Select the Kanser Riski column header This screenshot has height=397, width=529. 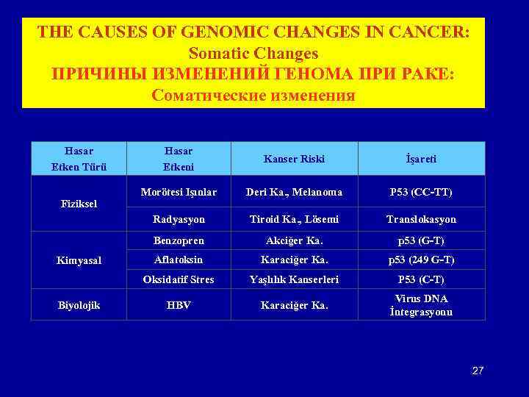pos(295,159)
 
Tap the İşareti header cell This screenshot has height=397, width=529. pos(422,159)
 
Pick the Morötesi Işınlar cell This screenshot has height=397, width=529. pos(179,192)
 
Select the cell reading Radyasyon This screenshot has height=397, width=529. pos(179,219)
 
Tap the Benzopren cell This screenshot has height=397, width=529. pos(179,240)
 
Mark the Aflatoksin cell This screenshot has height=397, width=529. pos(179,260)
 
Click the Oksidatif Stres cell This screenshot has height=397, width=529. pos(179,279)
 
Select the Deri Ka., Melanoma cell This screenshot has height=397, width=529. pos(295,192)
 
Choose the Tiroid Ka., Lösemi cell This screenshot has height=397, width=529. pos(295,219)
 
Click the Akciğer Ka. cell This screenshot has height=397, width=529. pos(295,240)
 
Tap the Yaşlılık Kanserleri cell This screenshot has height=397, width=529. pos(295,279)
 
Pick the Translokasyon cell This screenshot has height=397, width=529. pos(422,219)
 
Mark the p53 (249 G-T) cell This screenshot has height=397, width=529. pos(422,260)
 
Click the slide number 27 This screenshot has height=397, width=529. pos(477,371)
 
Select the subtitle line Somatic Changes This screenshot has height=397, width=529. pos(253,54)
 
